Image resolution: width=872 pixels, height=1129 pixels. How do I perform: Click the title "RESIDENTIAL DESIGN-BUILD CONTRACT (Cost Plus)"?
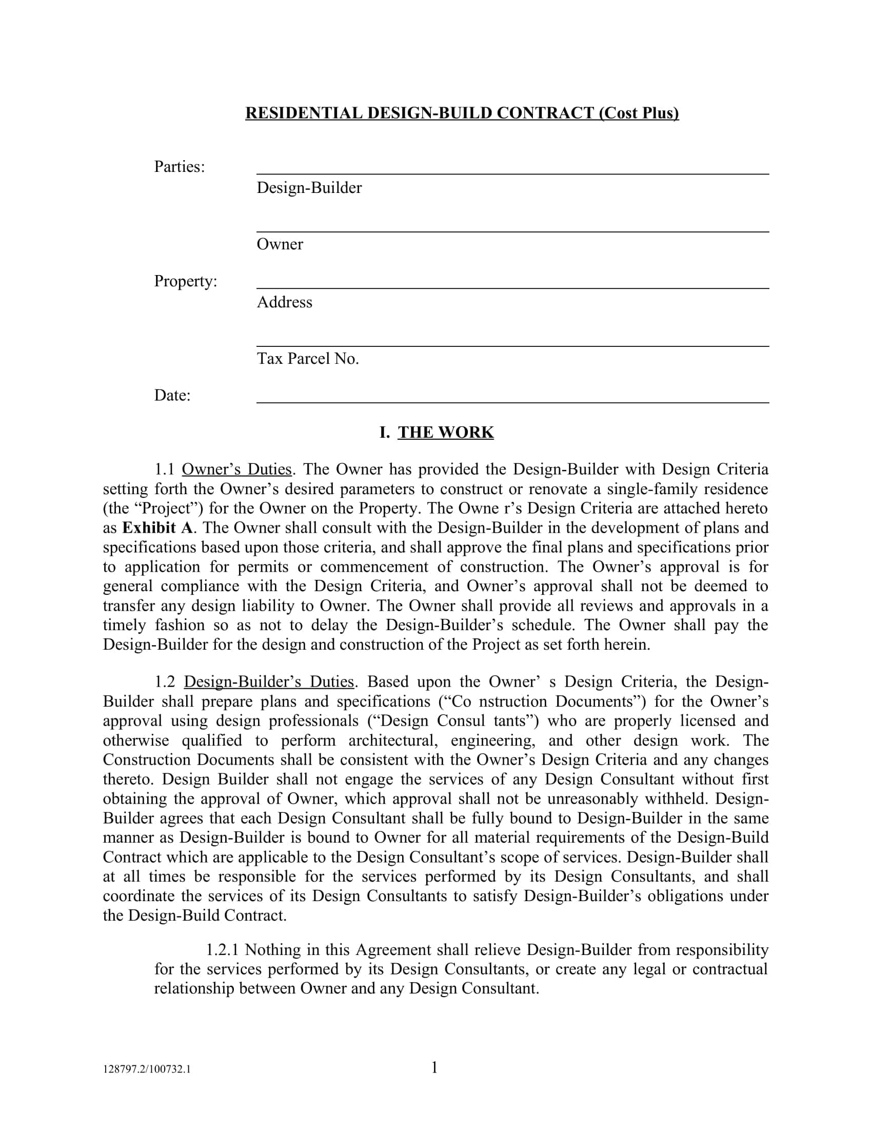(x=461, y=113)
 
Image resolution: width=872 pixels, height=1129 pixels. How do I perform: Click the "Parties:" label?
(x=179, y=166)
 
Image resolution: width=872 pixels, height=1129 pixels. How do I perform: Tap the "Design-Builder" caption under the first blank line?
(x=309, y=188)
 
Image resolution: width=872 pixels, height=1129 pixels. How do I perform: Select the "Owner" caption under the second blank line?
(x=280, y=244)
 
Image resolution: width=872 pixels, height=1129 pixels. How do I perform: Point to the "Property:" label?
(x=186, y=281)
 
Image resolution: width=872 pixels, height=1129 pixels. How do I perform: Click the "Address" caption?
(x=284, y=302)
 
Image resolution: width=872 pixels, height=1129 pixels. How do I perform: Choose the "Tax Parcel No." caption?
(x=307, y=359)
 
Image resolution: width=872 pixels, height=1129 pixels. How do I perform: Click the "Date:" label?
(x=172, y=396)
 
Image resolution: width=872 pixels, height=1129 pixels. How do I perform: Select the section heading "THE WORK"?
(x=445, y=432)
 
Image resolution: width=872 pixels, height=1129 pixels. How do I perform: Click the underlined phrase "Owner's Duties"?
(x=236, y=470)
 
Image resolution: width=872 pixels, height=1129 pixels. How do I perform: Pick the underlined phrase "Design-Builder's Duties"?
(x=269, y=682)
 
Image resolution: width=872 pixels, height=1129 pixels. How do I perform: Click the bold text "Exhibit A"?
(x=157, y=528)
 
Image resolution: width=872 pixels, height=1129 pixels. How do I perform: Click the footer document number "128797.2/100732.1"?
(x=147, y=1069)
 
